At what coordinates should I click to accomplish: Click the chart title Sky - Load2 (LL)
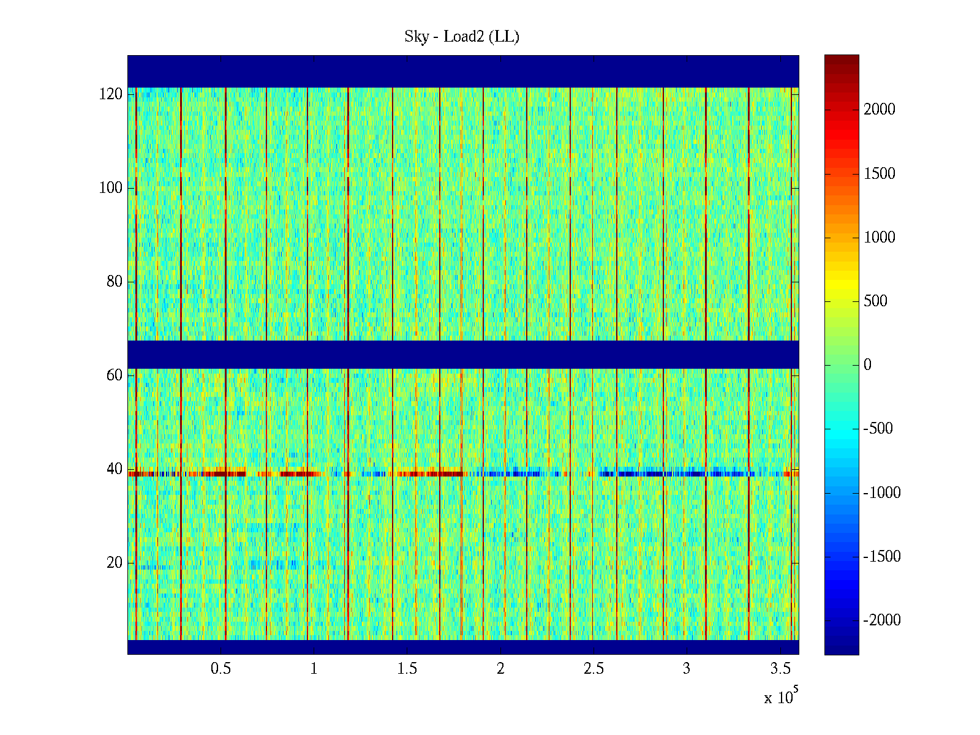(x=462, y=37)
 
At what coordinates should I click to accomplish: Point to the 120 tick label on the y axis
(x=111, y=94)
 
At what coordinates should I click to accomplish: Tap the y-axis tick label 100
(x=111, y=188)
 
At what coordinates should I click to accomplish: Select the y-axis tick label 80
(x=115, y=282)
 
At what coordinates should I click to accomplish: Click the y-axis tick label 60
(x=115, y=375)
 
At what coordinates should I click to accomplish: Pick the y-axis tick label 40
(x=115, y=469)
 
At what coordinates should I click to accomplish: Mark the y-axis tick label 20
(x=115, y=563)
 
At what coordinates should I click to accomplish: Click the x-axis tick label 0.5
(x=221, y=669)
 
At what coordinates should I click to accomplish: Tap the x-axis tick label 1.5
(x=407, y=669)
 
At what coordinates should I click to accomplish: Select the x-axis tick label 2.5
(x=594, y=669)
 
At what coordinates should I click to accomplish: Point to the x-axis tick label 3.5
(x=780, y=669)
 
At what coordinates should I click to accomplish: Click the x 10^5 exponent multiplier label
(x=781, y=697)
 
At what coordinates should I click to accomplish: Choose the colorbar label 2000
(x=880, y=110)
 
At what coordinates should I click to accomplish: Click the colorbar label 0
(x=867, y=365)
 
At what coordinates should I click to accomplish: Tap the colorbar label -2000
(x=882, y=620)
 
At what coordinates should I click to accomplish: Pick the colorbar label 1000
(x=880, y=238)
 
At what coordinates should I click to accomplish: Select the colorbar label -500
(x=878, y=429)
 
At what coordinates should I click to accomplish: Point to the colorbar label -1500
(x=882, y=557)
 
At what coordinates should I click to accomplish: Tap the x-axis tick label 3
(x=687, y=669)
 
